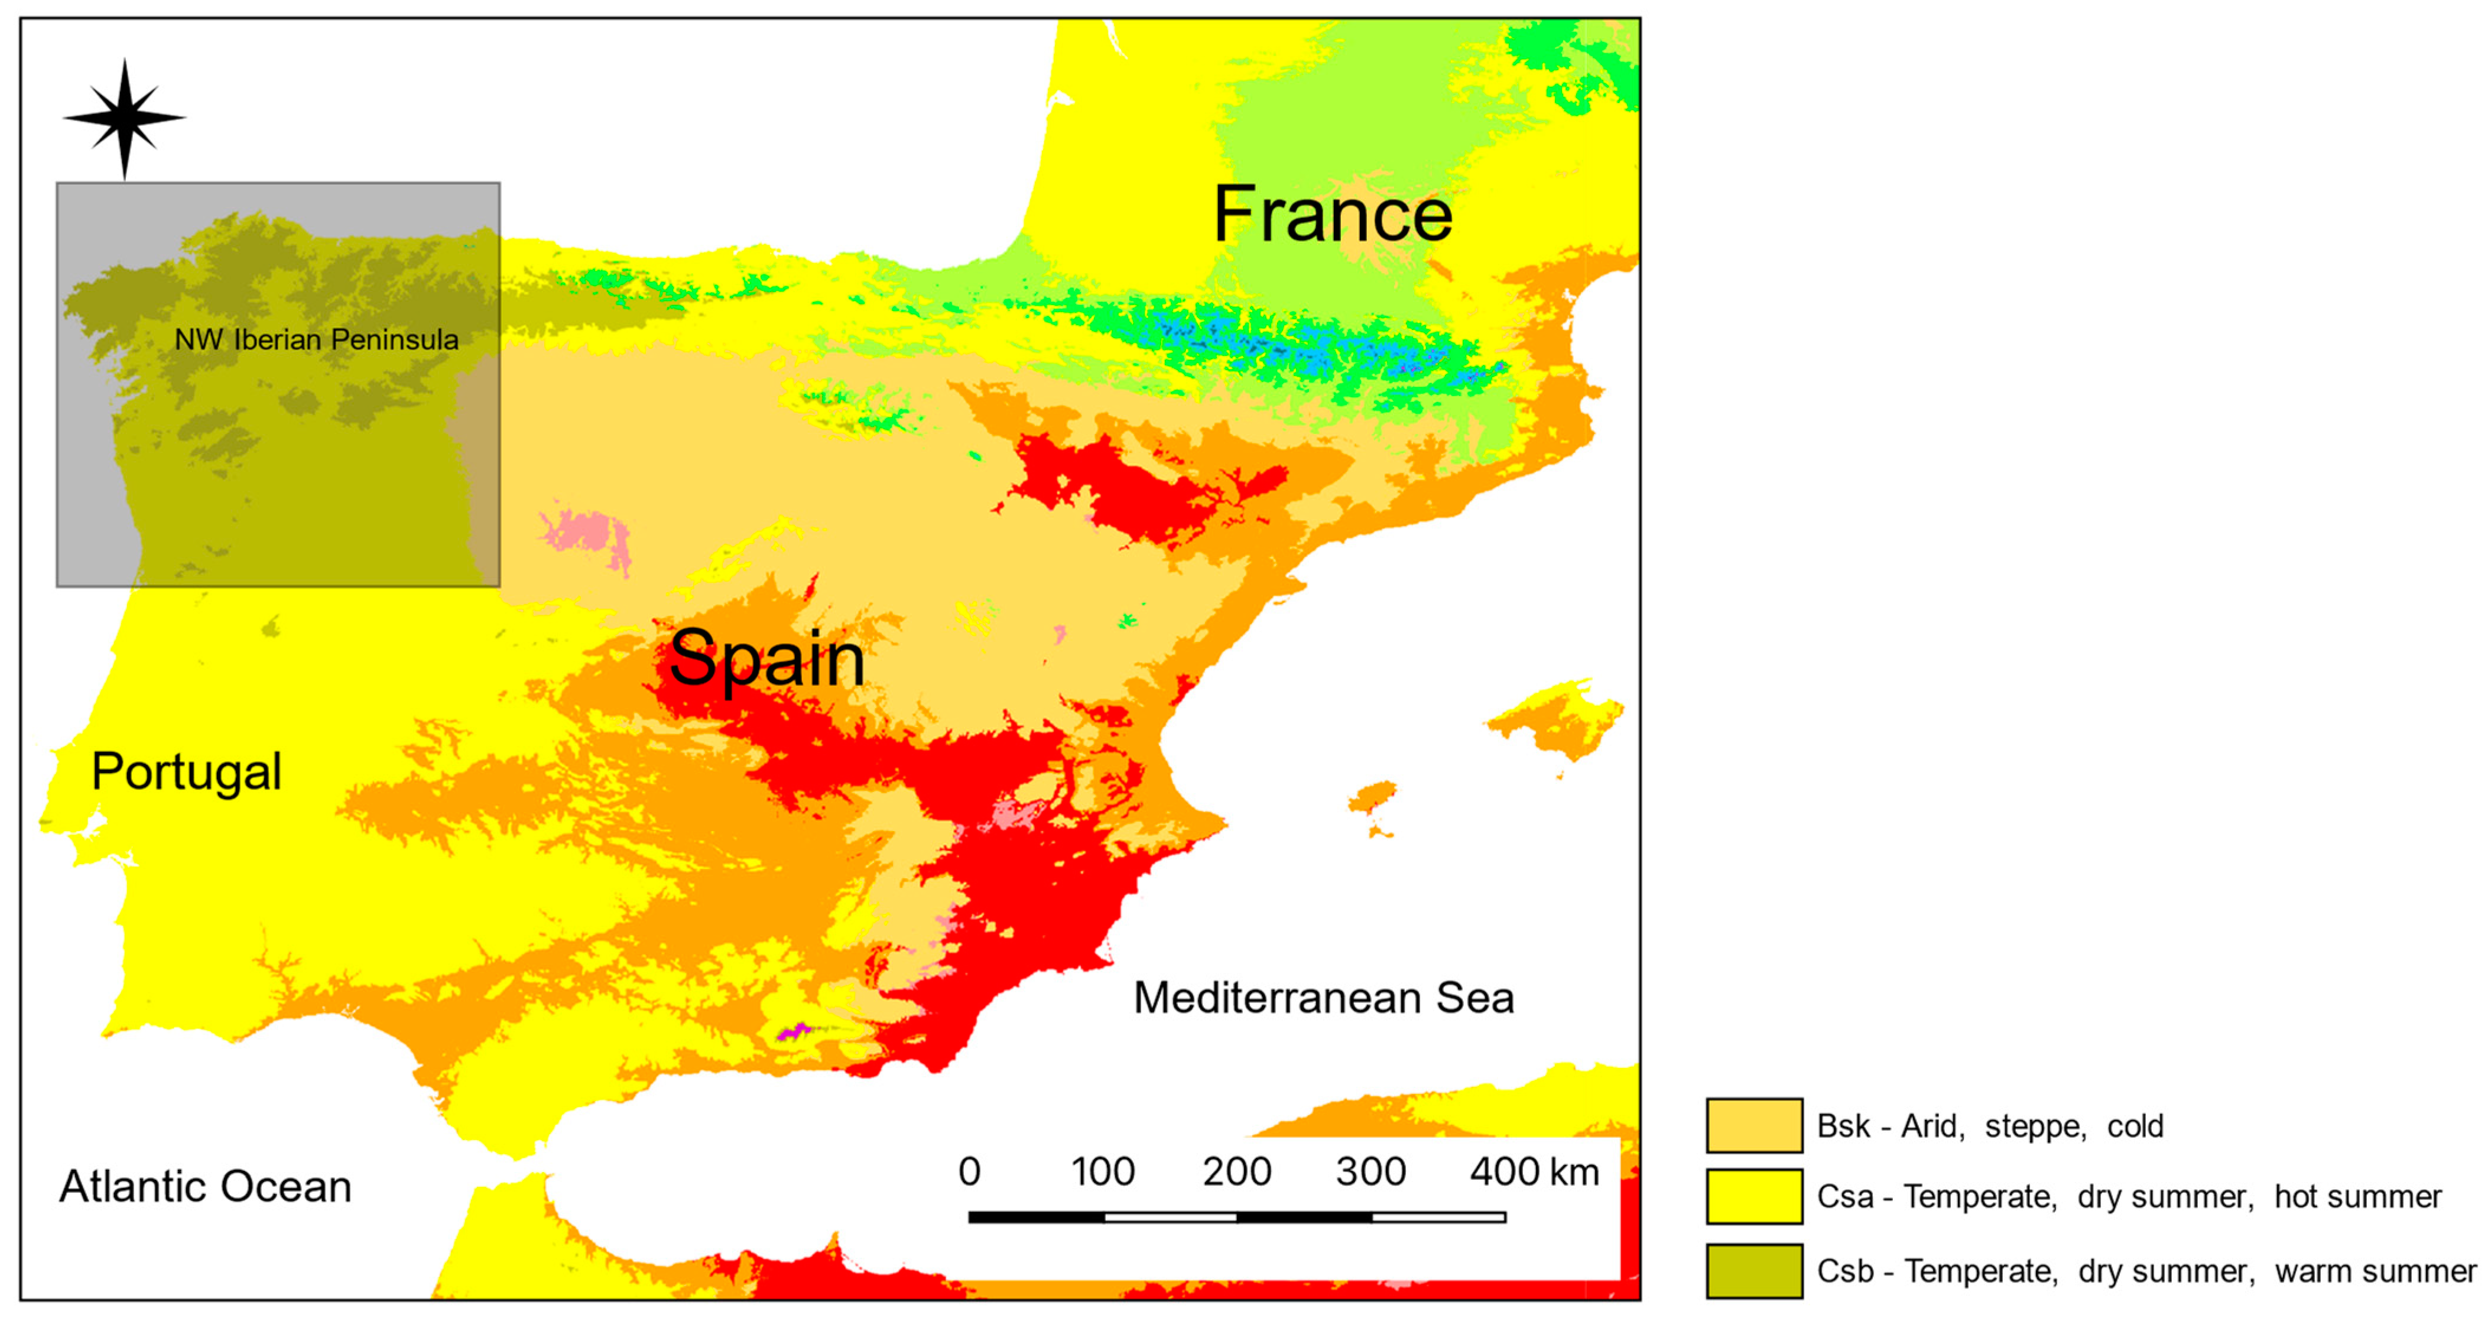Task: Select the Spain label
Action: (767, 660)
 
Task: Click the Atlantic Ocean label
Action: (205, 1186)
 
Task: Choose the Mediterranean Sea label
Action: (1323, 998)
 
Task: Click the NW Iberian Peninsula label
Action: (316, 339)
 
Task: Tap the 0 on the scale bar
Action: (969, 1172)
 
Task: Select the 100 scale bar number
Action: (1102, 1172)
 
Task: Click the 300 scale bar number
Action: (1370, 1172)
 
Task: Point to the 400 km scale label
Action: (1534, 1172)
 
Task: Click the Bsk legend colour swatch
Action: (1753, 1125)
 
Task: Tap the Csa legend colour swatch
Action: (1753, 1196)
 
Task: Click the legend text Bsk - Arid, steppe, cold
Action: (1989, 1125)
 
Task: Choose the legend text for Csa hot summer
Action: (2128, 1196)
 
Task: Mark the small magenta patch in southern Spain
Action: (794, 1032)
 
